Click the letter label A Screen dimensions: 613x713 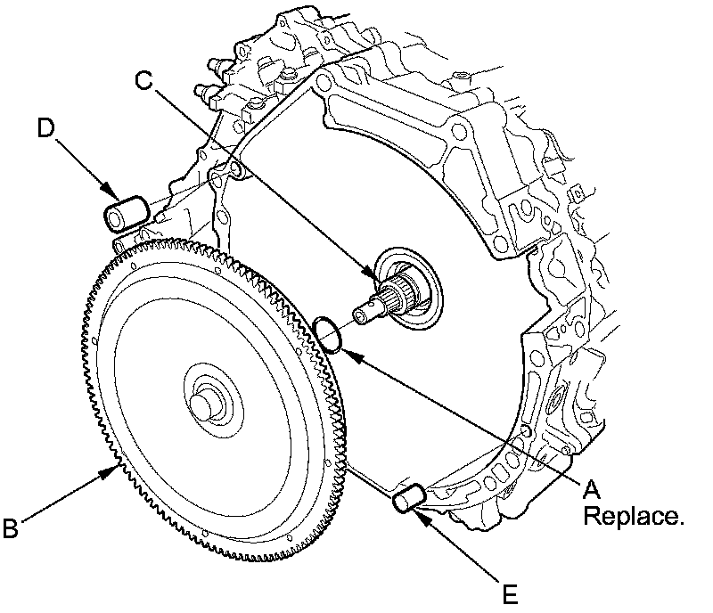pyautogui.click(x=593, y=487)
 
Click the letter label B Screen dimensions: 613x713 pyautogui.click(x=11, y=529)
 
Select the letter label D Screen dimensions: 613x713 pyautogui.click(x=48, y=127)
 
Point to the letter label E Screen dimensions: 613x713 pyautogui.click(x=509, y=593)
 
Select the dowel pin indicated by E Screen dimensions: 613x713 pyautogui.click(x=411, y=499)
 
